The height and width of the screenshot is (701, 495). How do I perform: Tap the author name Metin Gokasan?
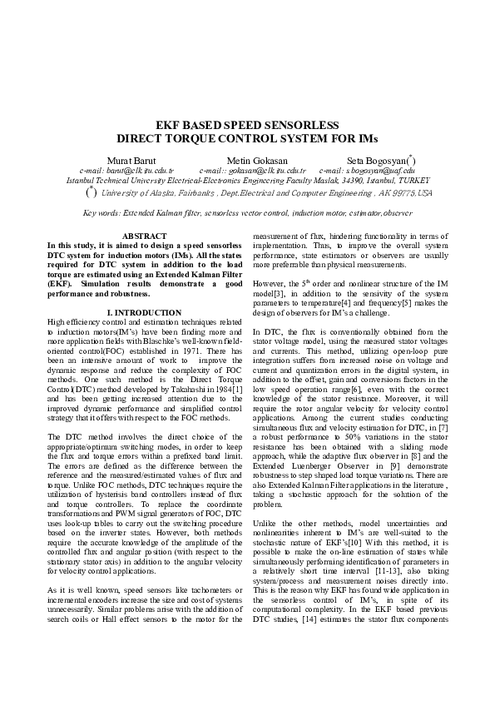coord(257,160)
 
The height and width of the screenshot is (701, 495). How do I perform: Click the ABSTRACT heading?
coord(145,237)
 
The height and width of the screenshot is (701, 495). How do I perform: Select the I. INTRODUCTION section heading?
coord(145,312)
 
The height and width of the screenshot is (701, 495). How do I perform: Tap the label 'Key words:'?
coord(102,214)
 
